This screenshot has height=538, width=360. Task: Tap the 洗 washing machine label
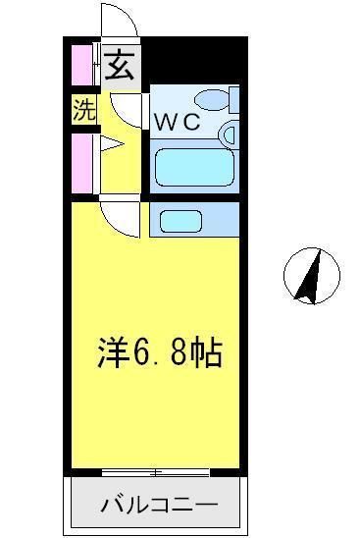pos(84,110)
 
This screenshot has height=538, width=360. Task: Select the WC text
pos(177,124)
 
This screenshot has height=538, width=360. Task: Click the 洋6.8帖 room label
pos(159,351)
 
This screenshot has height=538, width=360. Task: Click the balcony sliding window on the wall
pos(155,474)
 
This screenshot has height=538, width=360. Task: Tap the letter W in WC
pos(165,124)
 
